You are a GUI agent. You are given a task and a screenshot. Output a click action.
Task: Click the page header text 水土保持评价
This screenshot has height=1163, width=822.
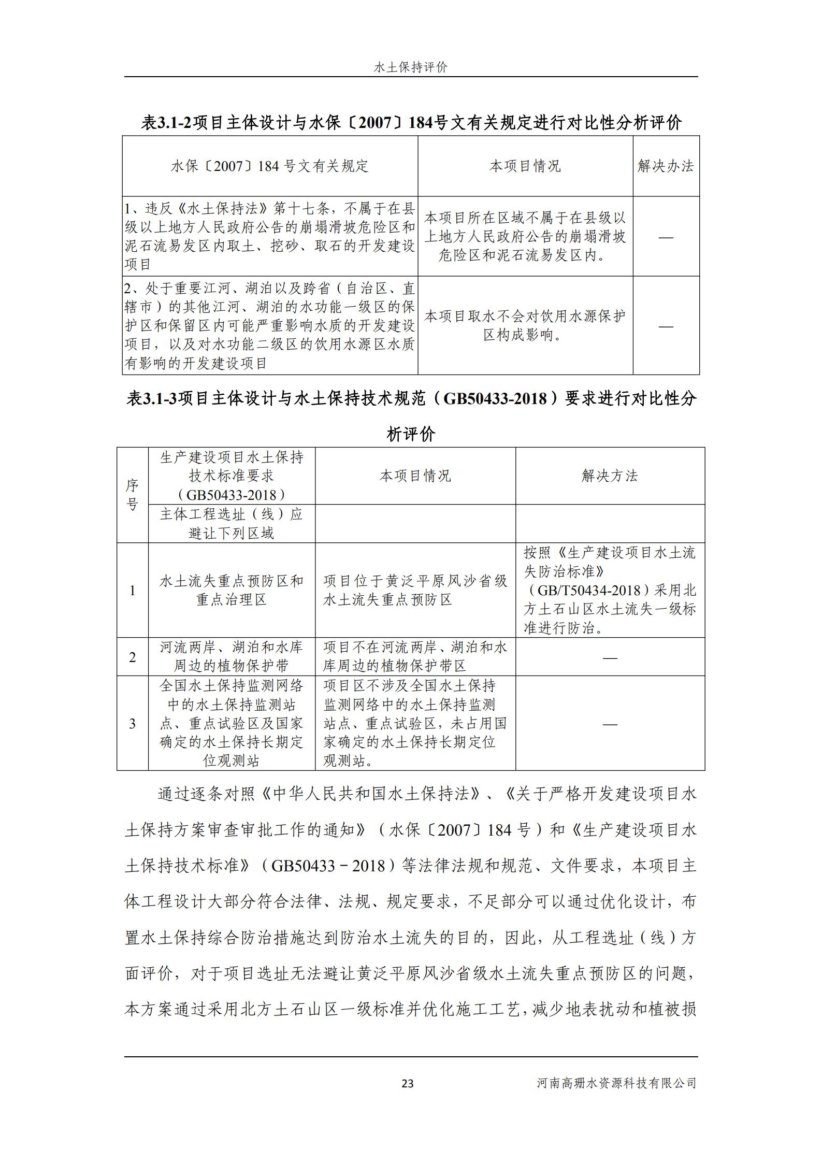coord(410,67)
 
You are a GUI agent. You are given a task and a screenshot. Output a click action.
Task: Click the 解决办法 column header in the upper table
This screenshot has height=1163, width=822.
coord(666,166)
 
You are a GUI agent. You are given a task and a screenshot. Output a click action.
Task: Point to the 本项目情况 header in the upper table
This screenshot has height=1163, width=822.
coord(525,166)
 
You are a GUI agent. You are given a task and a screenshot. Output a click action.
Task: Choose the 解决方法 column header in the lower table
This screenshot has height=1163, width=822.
coord(610,476)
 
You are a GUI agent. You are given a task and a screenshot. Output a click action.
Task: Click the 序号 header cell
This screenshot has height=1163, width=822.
coord(133,495)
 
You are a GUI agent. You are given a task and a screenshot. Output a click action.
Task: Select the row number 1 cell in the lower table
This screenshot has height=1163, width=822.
coord(133,590)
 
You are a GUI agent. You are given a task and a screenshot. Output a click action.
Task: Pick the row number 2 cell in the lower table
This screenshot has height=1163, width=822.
coord(133,657)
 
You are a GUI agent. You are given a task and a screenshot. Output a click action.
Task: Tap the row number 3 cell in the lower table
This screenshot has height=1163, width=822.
coord(133,723)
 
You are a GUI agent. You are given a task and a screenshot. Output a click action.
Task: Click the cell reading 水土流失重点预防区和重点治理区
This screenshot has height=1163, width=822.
coord(232,590)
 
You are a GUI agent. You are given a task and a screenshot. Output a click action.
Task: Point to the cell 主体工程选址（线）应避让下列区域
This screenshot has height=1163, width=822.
coord(232,523)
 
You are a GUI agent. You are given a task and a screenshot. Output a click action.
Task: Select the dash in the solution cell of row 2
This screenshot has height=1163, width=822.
coord(610,657)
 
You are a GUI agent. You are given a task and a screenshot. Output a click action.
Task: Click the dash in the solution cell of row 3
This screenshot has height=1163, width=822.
coord(610,724)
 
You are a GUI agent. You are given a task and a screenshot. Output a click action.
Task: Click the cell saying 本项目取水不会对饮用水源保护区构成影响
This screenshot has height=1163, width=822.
coord(525,325)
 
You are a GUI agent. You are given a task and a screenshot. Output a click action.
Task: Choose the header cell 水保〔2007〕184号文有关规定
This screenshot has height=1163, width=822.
coord(270,166)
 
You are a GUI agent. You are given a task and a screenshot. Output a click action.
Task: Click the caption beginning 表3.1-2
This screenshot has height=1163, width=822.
coord(411,123)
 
